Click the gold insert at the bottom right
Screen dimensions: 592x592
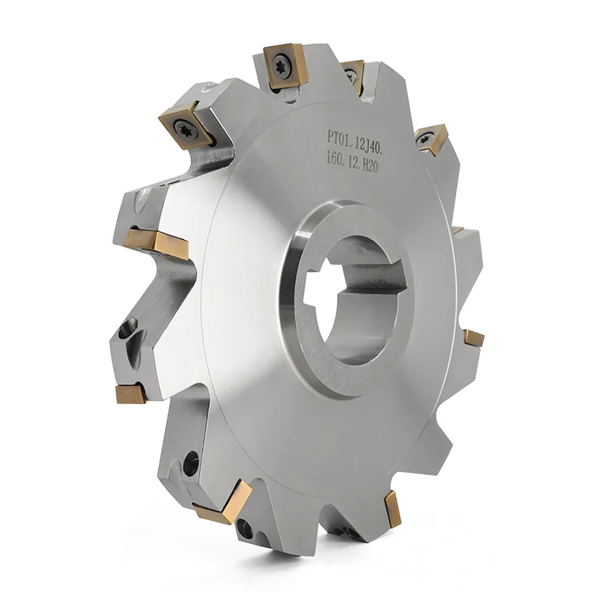[392, 507]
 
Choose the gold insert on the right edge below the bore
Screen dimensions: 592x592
[474, 338]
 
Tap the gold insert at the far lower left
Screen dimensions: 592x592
[130, 392]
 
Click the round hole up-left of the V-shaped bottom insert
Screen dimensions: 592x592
[190, 465]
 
